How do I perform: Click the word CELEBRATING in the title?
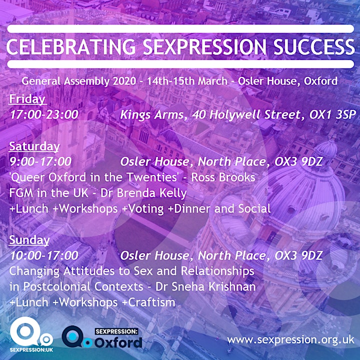click(x=71, y=46)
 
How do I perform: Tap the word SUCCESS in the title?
click(x=314, y=46)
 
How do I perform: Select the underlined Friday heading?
click(x=27, y=99)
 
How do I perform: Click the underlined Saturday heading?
click(x=34, y=146)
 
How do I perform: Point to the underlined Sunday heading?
click(x=29, y=240)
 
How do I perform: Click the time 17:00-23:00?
click(x=44, y=114)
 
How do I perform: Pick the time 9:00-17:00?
click(x=40, y=161)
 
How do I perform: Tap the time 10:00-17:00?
click(x=44, y=255)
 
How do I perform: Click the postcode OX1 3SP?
click(x=332, y=114)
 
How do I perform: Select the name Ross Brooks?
click(x=223, y=177)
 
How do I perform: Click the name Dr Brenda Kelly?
click(x=143, y=193)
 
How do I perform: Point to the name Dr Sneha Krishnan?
click(x=205, y=286)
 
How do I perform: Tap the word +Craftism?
click(x=149, y=302)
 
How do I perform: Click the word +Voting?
click(x=143, y=209)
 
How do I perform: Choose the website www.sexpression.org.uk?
click(x=291, y=339)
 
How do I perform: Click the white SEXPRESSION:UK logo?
click(x=31, y=334)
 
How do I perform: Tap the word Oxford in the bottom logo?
click(x=118, y=342)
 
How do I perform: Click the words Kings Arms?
click(x=152, y=115)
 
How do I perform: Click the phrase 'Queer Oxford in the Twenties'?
click(x=94, y=177)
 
